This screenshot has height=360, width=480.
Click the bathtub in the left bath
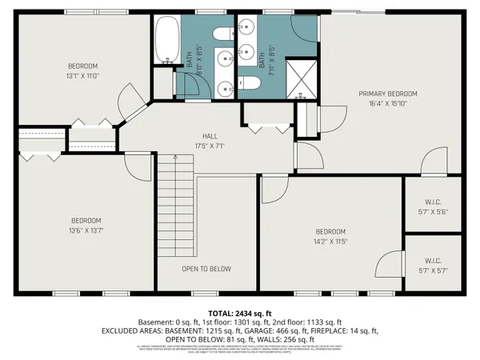[x=167, y=39]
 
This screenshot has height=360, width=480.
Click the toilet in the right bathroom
[x=247, y=83]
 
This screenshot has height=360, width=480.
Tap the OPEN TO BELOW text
[x=206, y=269]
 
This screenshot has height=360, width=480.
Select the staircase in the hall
[x=176, y=205]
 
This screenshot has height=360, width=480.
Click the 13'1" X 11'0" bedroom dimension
[x=82, y=75]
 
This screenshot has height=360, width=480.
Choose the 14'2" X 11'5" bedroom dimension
[x=329, y=241]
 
